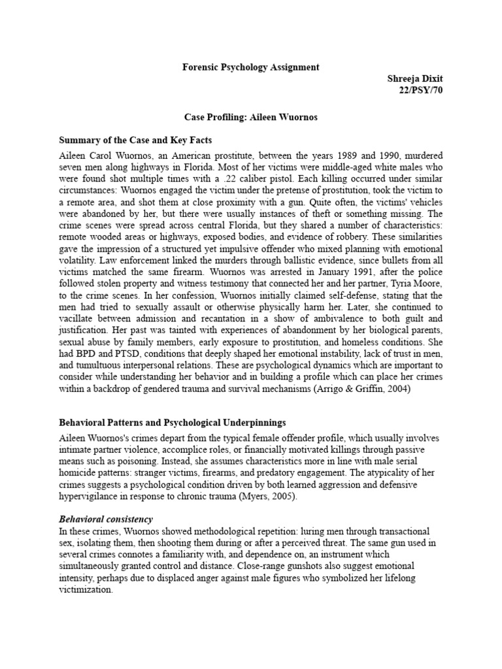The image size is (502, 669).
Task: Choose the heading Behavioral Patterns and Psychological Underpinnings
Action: pos(173,423)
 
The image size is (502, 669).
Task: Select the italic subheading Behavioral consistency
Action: pos(106,519)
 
